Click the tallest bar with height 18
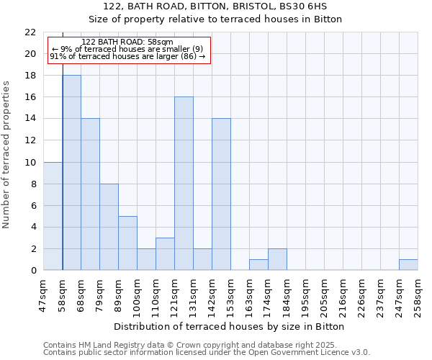coord(72,173)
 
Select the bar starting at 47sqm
coord(53,216)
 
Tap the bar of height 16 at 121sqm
coord(184,184)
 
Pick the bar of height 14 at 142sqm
coord(221,194)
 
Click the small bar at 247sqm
coord(408,265)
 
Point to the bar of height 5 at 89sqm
coord(128,243)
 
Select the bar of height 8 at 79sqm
coord(109,227)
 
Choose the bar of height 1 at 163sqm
coord(258,265)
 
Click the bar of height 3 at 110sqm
coord(165,254)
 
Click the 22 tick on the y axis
coord(30,32)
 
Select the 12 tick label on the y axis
coord(30,140)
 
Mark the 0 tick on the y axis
coord(33,271)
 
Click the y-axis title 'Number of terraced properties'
coord(7,155)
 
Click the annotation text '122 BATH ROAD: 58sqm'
coord(127,42)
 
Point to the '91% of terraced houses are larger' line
coord(127,56)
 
